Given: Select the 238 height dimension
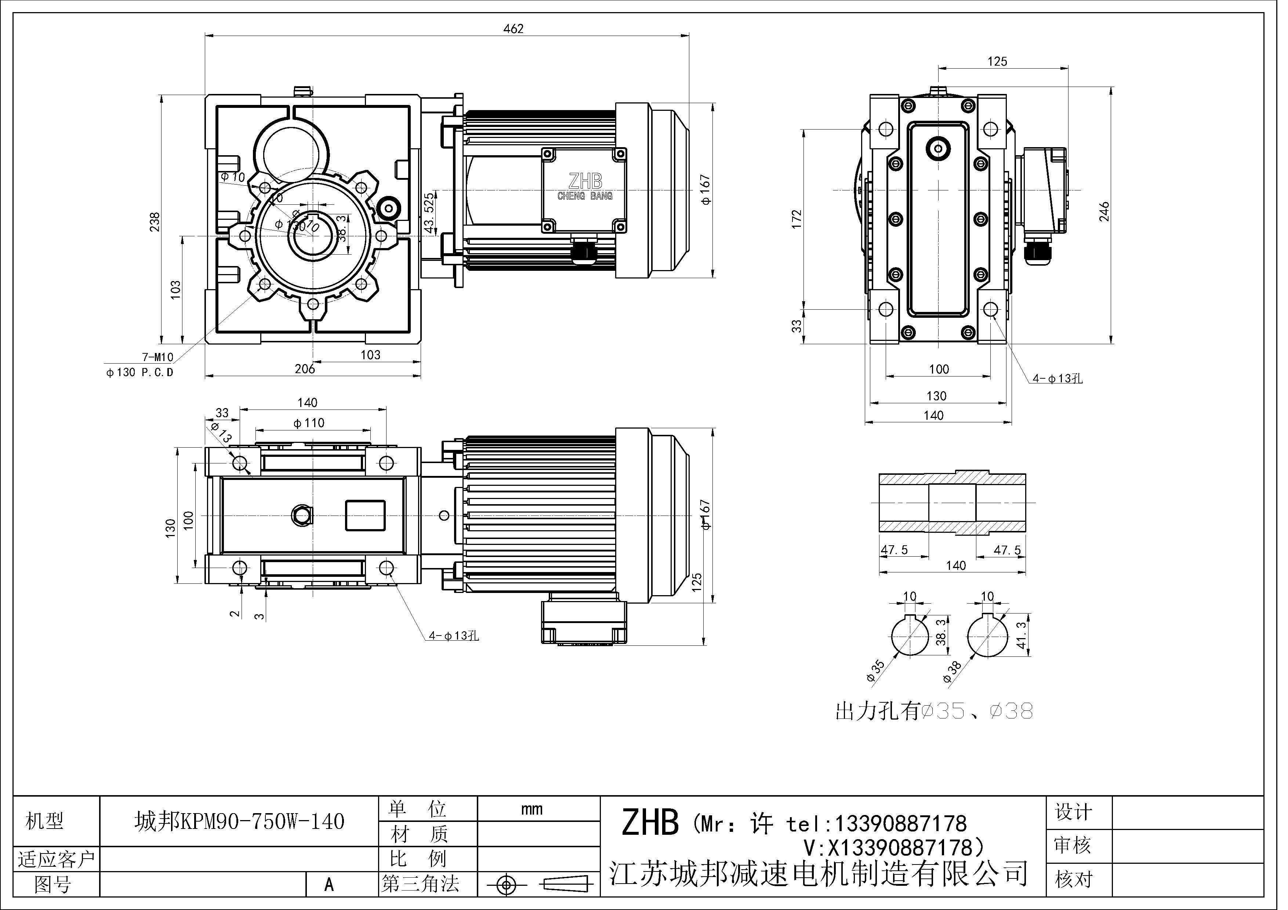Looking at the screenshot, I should point(155,222).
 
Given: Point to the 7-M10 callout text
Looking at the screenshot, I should point(157,357).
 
